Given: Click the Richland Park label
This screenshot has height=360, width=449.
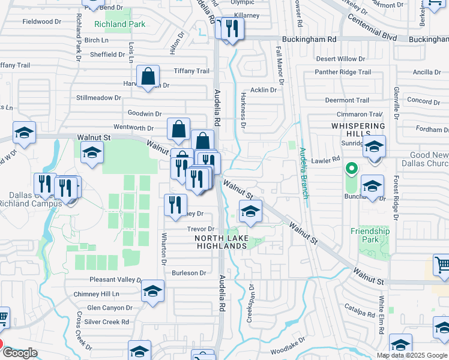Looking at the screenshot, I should point(119,25).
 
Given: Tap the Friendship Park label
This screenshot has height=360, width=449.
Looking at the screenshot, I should point(370,235).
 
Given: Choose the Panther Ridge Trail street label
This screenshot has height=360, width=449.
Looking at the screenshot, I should point(343,73).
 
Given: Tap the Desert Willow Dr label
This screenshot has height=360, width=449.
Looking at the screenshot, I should point(340,59).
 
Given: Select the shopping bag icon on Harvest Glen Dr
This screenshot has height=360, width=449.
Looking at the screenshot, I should point(147,77).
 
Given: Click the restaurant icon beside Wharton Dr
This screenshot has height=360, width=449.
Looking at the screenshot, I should point(175,205).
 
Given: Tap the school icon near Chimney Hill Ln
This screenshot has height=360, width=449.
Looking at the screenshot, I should point(152,292).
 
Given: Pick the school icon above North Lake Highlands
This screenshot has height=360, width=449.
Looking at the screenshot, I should point(251,211).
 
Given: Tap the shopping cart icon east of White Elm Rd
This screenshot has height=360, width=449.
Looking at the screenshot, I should point(442,265).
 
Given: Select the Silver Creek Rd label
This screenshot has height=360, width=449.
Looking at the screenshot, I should point(107,322).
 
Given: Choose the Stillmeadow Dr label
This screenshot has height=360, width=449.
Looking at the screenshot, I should point(98,97).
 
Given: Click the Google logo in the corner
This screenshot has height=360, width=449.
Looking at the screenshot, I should point(20,353).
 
